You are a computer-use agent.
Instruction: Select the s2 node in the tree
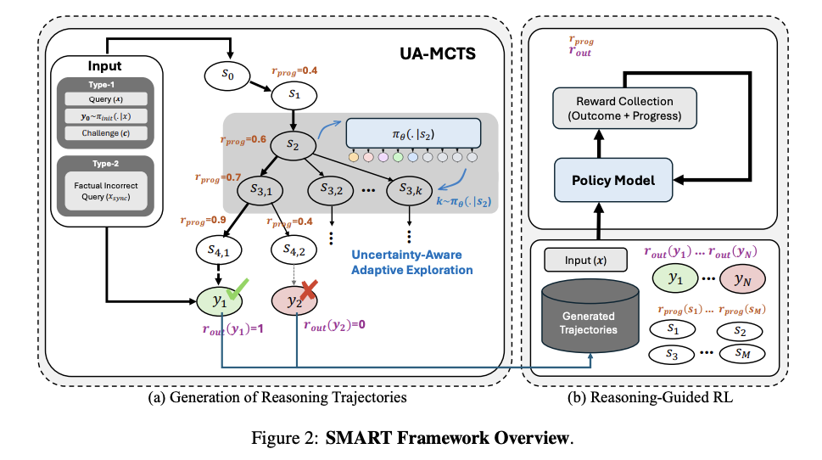tap(293, 145)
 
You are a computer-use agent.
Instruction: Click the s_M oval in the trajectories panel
tap(743, 352)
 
